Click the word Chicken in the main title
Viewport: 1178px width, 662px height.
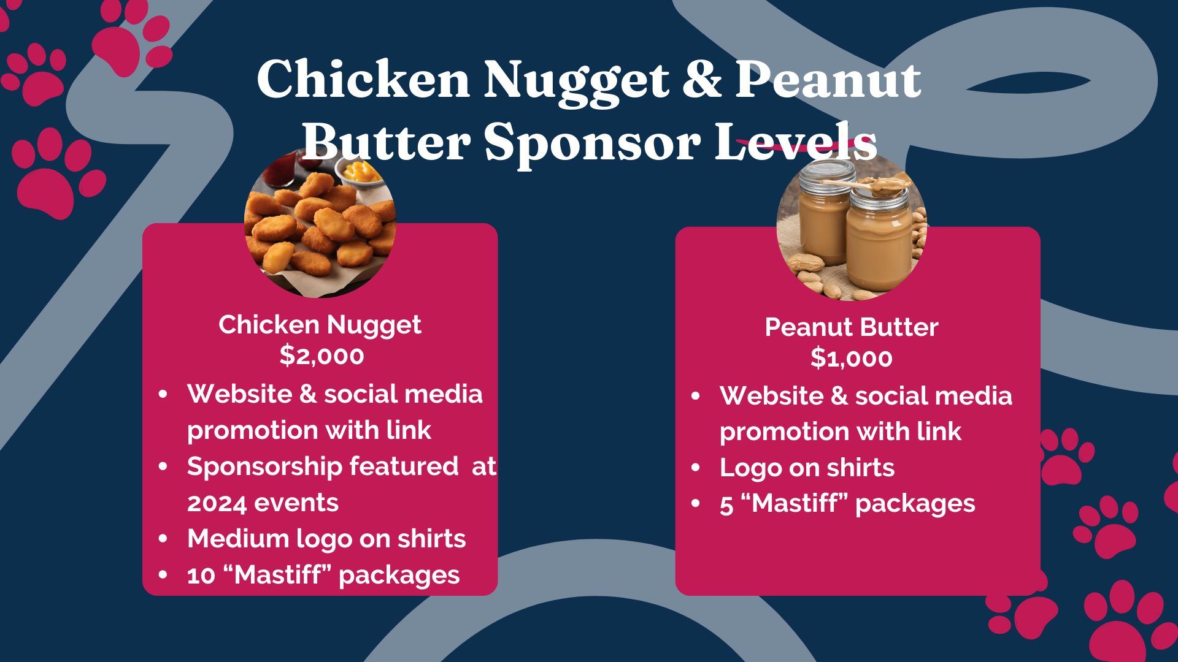pyautogui.click(x=363, y=79)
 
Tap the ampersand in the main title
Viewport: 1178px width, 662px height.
pyautogui.click(x=702, y=79)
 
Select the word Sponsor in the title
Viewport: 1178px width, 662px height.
pyautogui.click(x=593, y=143)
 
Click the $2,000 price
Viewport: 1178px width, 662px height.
pyautogui.click(x=321, y=356)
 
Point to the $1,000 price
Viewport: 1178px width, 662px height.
pyautogui.click(x=852, y=358)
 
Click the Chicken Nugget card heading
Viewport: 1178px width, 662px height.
pyautogui.click(x=320, y=325)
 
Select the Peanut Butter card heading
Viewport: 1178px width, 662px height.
pyautogui.click(x=852, y=327)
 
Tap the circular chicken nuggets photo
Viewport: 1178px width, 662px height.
pyautogui.click(x=320, y=223)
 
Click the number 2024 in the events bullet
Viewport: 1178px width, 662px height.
pyautogui.click(x=218, y=503)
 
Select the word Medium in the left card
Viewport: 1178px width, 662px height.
pyautogui.click(x=238, y=539)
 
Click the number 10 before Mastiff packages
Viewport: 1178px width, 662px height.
pyautogui.click(x=201, y=576)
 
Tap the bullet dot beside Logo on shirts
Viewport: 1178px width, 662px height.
pyautogui.click(x=695, y=468)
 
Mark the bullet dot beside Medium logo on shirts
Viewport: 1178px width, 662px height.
pyautogui.click(x=163, y=539)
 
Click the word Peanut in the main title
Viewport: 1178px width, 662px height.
pyautogui.click(x=828, y=79)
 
